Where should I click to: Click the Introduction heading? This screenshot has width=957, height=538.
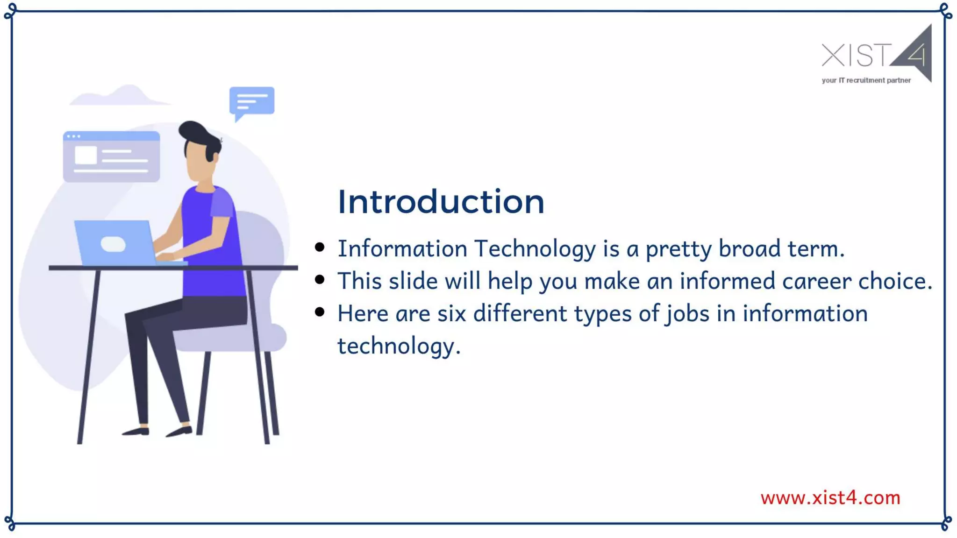441,202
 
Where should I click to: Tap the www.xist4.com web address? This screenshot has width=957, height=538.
830,498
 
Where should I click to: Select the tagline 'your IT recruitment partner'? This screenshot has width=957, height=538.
866,80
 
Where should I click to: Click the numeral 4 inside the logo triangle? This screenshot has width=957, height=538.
916,55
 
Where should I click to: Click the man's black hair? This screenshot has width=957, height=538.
199,135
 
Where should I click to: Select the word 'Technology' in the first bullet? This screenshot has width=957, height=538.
535,248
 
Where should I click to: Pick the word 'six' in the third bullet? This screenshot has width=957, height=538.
451,313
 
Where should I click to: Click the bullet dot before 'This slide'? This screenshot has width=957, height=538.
320,280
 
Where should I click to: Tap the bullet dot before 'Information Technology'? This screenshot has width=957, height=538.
320,248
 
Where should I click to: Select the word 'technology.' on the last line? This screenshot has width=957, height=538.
399,347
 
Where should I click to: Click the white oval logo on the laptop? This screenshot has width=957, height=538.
113,244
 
